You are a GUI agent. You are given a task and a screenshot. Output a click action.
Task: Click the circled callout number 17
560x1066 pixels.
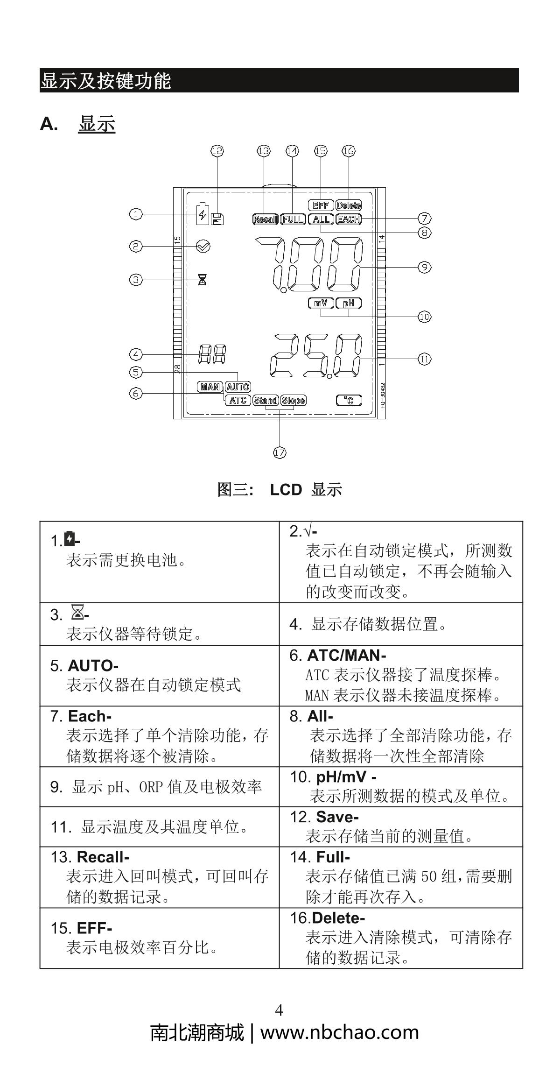[x=279, y=452]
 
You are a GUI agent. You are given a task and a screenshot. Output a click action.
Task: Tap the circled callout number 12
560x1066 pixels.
[x=217, y=151]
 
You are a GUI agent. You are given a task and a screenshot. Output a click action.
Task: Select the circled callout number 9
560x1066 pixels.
[x=424, y=267]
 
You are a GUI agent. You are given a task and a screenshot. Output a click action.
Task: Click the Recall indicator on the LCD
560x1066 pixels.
[x=265, y=219]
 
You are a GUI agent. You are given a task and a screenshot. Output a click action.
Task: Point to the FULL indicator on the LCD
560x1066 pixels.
[x=293, y=219]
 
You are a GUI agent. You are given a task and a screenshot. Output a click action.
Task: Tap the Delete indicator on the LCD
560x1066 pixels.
[x=349, y=205]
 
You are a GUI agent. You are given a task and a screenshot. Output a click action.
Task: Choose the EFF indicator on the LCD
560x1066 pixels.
[x=321, y=205]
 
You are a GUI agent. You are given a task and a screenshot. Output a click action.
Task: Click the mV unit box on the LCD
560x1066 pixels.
[x=321, y=303]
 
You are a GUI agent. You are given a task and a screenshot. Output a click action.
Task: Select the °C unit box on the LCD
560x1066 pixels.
[x=349, y=400]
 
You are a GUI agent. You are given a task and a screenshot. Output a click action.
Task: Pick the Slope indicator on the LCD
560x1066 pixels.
[x=294, y=400]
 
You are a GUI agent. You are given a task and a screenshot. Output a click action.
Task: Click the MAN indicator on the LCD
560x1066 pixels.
[x=210, y=387]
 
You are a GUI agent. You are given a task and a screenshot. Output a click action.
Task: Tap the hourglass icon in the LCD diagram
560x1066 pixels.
[x=203, y=280]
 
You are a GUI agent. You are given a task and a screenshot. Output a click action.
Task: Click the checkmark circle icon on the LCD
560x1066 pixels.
[x=203, y=246]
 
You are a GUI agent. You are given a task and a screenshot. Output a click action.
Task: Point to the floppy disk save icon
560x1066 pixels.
[x=217, y=219]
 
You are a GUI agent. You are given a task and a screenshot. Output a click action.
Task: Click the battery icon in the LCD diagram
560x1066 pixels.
[x=203, y=214]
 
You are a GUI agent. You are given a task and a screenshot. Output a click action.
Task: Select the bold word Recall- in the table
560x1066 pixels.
[x=103, y=857]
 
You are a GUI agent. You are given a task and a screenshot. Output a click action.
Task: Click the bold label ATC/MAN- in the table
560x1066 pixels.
[x=346, y=656]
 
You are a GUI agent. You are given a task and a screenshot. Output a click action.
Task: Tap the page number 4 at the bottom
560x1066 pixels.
[x=279, y=1010]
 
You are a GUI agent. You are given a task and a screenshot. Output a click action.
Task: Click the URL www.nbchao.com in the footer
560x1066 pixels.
[x=339, y=1032]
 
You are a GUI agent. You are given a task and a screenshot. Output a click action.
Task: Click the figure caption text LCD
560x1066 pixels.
[x=286, y=490]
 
